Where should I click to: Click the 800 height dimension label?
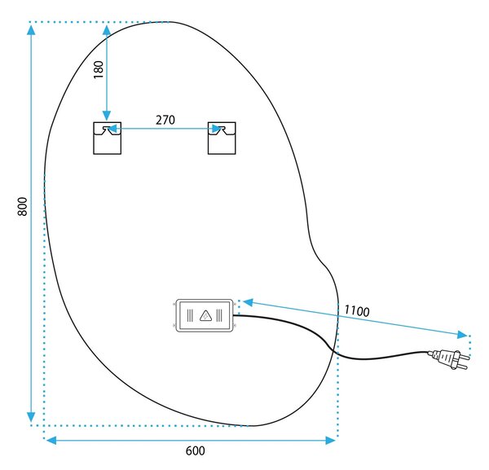coord(23,206)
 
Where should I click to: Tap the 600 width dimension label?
coord(196,451)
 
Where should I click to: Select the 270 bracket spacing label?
coord(165,120)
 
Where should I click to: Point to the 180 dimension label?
coord(99,70)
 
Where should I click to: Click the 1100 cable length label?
coord(357,311)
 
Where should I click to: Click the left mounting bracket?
coord(108,138)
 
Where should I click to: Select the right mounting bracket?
coord(222,138)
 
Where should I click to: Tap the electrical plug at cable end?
coord(449,358)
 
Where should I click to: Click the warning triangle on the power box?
coord(205,315)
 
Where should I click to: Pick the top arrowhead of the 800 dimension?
coord(31,29)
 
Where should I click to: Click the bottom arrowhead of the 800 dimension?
coord(31,417)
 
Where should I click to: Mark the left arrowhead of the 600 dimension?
coord(51,440)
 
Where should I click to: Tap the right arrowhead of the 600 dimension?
coord(330,440)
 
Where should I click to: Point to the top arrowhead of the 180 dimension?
coord(107,30)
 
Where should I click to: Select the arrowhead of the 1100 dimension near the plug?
coord(462,335)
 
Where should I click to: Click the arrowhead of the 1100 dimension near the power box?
coord(248,301)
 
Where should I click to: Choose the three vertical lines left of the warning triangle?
coord(190,315)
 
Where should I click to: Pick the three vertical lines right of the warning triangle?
coord(219,315)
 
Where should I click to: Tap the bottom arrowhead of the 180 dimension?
coord(107,116)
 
